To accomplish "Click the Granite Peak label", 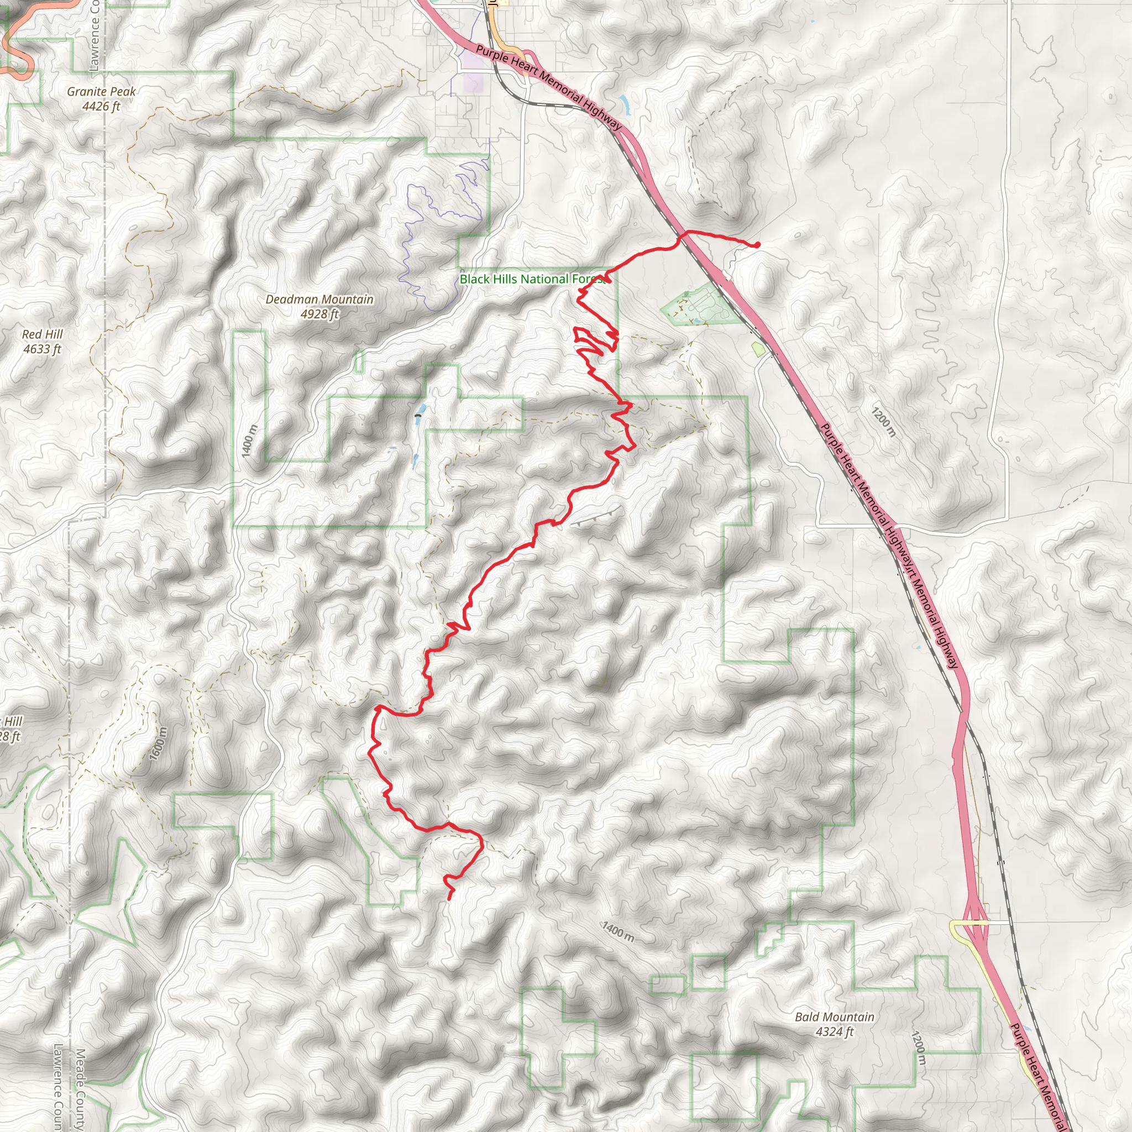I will (101, 91).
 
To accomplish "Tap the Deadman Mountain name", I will (319, 300).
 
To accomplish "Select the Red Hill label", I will (42, 334).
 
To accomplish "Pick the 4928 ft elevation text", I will (319, 314).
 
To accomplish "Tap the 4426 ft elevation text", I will (101, 106).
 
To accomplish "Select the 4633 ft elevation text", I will (42, 349).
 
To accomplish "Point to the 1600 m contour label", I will (158, 743).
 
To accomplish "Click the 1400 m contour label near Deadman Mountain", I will (249, 441).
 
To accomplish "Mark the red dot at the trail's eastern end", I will (758, 244).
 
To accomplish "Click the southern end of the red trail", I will (449, 898).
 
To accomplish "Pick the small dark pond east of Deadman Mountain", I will (417, 416).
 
